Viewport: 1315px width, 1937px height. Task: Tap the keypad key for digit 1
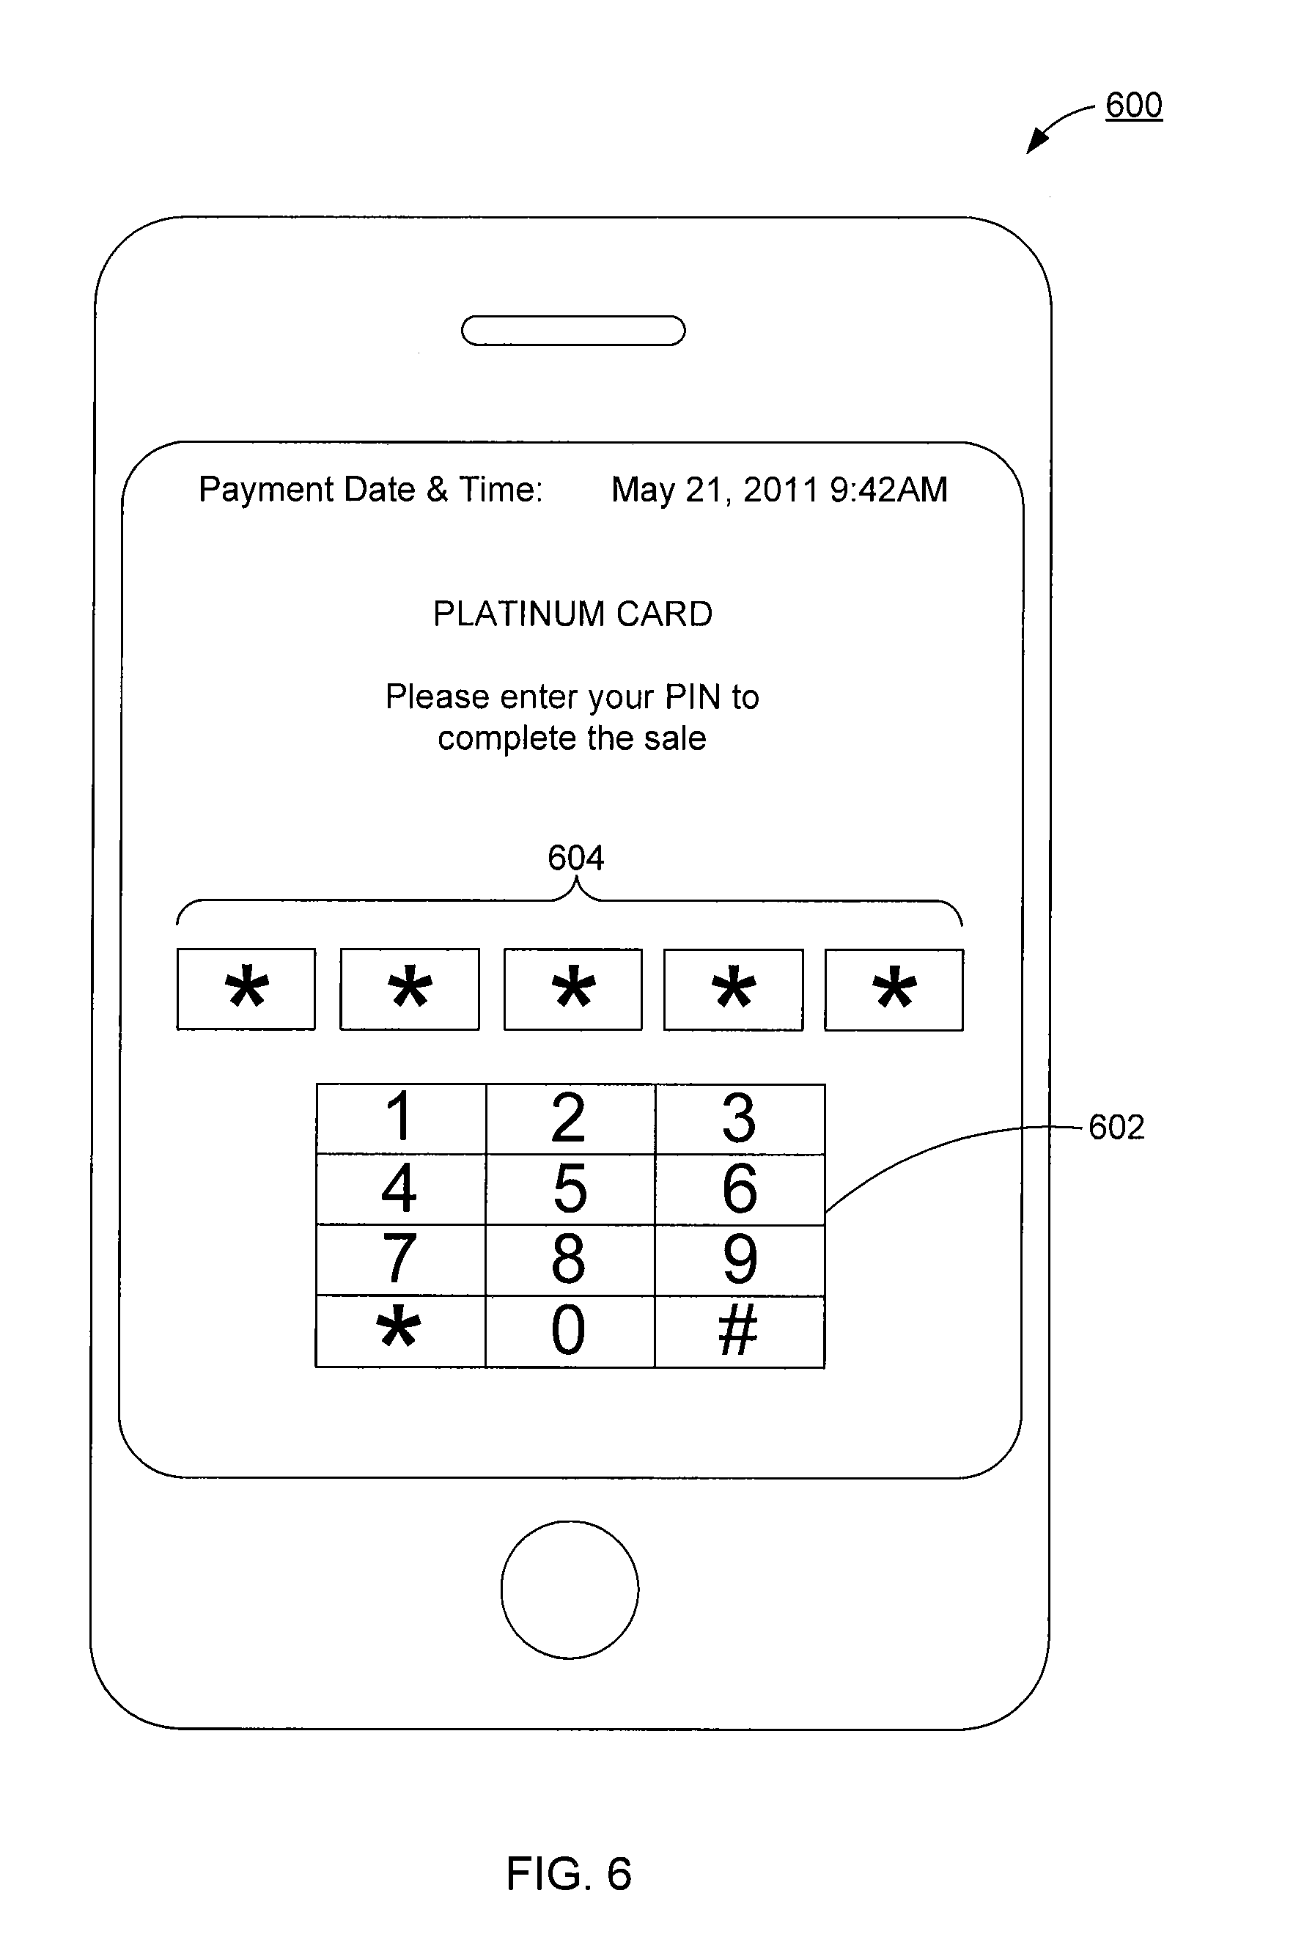click(401, 1119)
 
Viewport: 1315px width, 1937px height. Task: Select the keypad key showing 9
click(739, 1260)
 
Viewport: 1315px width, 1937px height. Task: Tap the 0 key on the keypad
click(569, 1331)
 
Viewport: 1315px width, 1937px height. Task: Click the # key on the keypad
click(739, 1331)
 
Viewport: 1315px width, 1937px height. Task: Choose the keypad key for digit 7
click(401, 1260)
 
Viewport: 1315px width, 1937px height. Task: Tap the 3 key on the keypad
click(739, 1119)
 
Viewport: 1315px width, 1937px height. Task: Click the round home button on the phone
click(570, 1589)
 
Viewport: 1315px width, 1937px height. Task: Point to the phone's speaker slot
click(573, 331)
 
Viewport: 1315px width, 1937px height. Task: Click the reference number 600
click(1133, 106)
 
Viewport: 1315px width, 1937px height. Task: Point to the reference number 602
click(1116, 1128)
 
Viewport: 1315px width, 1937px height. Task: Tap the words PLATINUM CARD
click(572, 614)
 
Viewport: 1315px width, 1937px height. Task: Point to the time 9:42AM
click(888, 490)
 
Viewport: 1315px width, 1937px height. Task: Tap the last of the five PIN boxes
click(894, 989)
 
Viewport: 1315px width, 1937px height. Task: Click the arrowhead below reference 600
click(1036, 142)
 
